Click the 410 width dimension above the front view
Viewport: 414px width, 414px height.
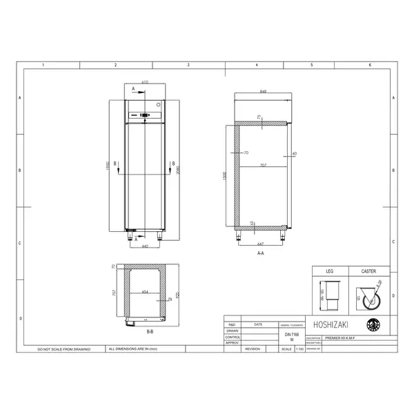click(x=145, y=82)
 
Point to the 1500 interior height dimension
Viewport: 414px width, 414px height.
click(x=225, y=177)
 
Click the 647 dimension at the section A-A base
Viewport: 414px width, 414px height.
click(x=260, y=244)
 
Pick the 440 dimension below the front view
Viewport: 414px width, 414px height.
click(x=145, y=246)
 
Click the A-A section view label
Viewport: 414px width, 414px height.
click(x=260, y=254)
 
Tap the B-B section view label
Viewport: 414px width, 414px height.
click(x=150, y=331)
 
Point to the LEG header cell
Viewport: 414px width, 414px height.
click(x=329, y=272)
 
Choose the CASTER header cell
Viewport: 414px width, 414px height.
click(x=368, y=272)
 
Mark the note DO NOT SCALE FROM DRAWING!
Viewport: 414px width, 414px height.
click(x=64, y=350)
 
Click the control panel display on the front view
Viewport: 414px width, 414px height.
click(x=145, y=115)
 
